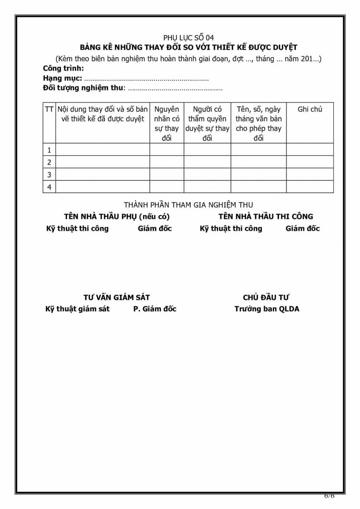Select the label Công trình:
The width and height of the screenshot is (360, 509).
pyautogui.click(x=63, y=68)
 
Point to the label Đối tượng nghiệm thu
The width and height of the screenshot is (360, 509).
pyautogui.click(x=83, y=88)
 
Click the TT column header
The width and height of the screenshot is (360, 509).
pyautogui.click(x=49, y=109)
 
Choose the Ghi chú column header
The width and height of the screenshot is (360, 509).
pyautogui.click(x=309, y=109)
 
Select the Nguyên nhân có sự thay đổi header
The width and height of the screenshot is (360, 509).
pyautogui.click(x=166, y=123)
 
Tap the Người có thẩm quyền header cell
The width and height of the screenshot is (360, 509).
pyautogui.click(x=207, y=123)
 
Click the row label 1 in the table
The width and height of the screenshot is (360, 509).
pyautogui.click(x=49, y=150)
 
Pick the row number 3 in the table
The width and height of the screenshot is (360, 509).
pyautogui.click(x=49, y=174)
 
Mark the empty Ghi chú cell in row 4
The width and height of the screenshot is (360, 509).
pyautogui.click(x=309, y=187)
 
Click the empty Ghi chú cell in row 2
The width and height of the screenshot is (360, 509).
pyautogui.click(x=309, y=162)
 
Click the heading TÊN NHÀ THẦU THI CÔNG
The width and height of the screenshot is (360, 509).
pyautogui.click(x=266, y=216)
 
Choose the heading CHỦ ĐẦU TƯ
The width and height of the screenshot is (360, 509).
pyautogui.click(x=266, y=298)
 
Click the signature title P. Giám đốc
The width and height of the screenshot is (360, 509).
pyautogui.click(x=155, y=309)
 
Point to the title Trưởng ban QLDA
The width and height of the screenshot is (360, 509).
pyautogui.click(x=267, y=309)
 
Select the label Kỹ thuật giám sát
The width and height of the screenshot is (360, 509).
pyautogui.click(x=77, y=309)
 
